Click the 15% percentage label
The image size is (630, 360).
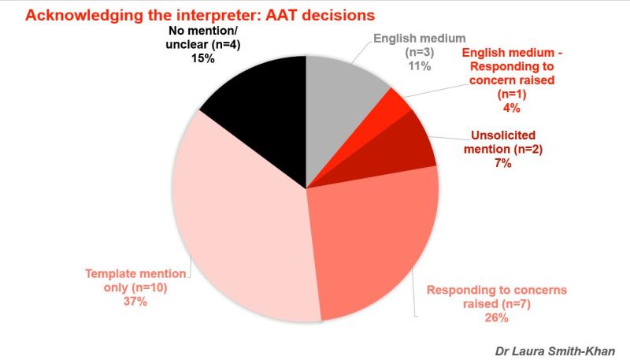[x=203, y=58]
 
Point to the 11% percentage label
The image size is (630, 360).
[x=420, y=66]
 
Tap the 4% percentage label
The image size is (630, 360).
[x=511, y=108]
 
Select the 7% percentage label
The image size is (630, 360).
[x=503, y=163]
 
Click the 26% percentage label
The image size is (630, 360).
[x=497, y=317]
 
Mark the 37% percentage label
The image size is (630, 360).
[x=135, y=302]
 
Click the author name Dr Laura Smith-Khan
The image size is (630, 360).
[x=555, y=351]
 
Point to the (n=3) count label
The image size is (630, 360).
[x=420, y=52]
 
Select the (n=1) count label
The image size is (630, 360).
[x=511, y=94]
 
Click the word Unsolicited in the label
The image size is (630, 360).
[x=503, y=135]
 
